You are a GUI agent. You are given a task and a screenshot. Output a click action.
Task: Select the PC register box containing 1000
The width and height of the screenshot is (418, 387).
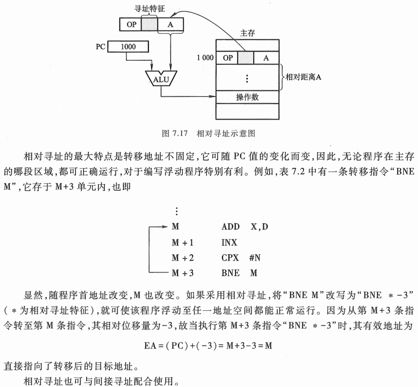(x=128, y=46)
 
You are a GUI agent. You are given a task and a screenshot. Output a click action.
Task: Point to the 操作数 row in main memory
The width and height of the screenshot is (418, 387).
(x=247, y=97)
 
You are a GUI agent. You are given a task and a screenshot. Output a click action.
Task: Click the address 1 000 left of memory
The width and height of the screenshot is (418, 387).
(x=205, y=58)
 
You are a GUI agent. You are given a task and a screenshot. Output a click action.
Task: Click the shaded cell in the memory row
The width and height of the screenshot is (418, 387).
(x=246, y=58)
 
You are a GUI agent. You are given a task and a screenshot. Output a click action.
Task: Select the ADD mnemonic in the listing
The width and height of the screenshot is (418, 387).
(x=230, y=226)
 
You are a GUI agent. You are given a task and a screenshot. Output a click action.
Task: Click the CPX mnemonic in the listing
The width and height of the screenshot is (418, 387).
(x=230, y=257)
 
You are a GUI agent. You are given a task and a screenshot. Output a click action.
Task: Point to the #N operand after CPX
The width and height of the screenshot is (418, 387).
(x=255, y=257)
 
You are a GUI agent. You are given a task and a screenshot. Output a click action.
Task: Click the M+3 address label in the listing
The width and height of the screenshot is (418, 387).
(x=183, y=273)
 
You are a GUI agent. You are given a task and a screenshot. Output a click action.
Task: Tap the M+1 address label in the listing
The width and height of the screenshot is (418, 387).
(x=183, y=242)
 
